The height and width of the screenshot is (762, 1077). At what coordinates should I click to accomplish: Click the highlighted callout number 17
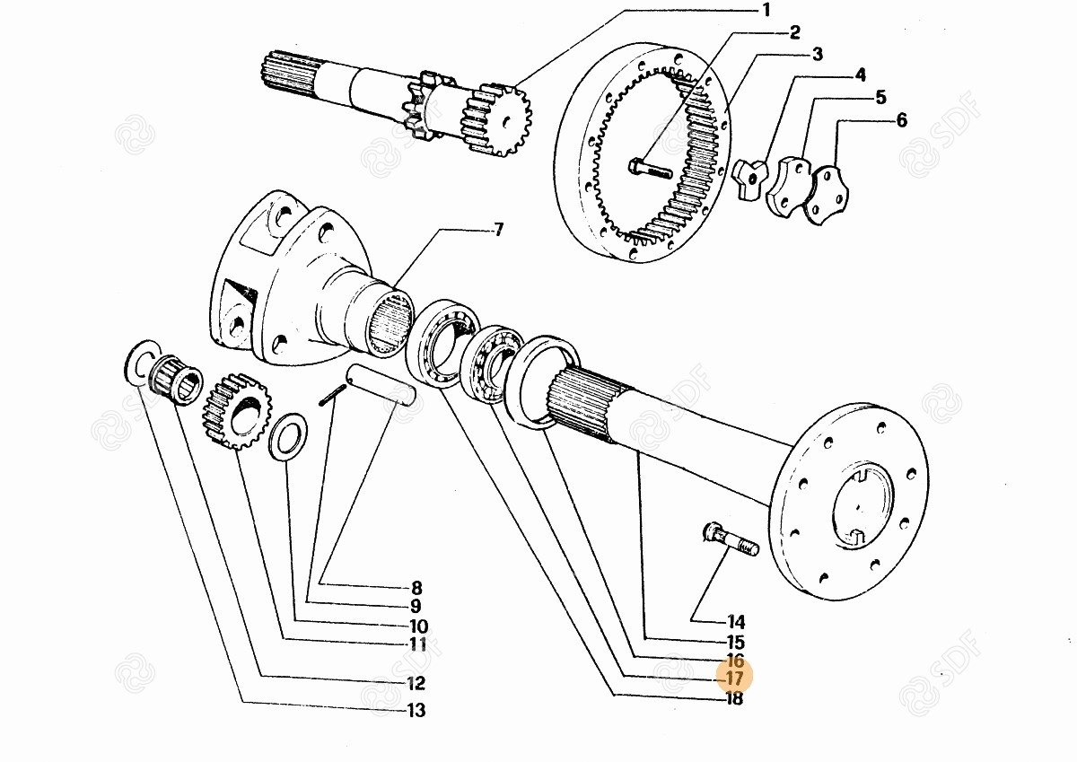pyautogui.click(x=734, y=679)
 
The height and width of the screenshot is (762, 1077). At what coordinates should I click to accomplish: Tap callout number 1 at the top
pyautogui.click(x=766, y=10)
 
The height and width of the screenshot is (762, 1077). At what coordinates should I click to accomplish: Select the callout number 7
pyautogui.click(x=499, y=230)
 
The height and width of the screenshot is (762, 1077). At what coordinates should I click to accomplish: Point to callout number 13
pyautogui.click(x=416, y=710)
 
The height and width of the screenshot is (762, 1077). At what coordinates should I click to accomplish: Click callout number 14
pyautogui.click(x=736, y=622)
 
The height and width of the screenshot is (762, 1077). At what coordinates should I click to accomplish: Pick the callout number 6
pyautogui.click(x=901, y=120)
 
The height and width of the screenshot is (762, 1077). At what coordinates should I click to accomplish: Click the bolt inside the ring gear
pyautogui.click(x=650, y=169)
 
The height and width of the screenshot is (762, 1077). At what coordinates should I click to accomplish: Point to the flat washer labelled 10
pyautogui.click(x=290, y=435)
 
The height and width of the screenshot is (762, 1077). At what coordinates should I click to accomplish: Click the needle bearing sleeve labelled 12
pyautogui.click(x=176, y=389)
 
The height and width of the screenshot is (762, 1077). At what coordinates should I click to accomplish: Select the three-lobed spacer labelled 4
pyautogui.click(x=749, y=180)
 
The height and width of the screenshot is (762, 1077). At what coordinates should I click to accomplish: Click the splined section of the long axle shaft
pyautogui.click(x=589, y=407)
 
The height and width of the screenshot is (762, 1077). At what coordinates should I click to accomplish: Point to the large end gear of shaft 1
pyautogui.click(x=496, y=120)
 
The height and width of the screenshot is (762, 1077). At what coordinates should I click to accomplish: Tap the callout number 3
pyautogui.click(x=818, y=55)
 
